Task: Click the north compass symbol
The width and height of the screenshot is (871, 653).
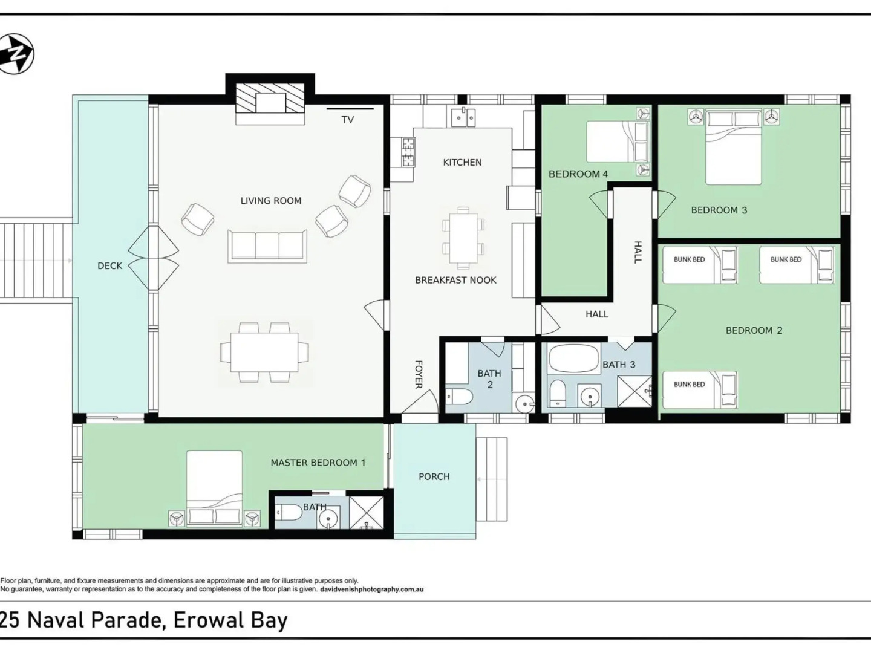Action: tap(16, 54)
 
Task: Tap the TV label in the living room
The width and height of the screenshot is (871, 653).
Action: tap(348, 120)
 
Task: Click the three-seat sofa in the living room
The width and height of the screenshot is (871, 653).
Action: tap(267, 246)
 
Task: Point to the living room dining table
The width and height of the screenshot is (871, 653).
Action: tap(264, 352)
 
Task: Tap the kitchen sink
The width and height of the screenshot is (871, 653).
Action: tap(463, 117)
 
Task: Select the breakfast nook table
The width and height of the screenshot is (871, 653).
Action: tap(463, 238)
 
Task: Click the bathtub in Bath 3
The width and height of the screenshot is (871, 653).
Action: tap(574, 359)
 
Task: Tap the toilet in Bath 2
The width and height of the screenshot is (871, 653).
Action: tap(459, 396)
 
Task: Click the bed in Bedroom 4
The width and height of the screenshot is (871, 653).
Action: tap(618, 141)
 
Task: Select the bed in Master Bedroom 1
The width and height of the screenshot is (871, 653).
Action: tap(214, 489)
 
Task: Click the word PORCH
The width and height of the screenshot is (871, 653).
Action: tap(434, 476)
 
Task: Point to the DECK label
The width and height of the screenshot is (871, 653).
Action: tap(110, 265)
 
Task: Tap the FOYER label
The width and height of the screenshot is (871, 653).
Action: tap(418, 374)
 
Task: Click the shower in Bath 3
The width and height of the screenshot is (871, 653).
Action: tap(634, 391)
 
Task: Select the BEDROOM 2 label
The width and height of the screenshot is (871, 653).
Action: tap(754, 330)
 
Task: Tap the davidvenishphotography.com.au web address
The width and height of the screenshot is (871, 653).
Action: tap(372, 589)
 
